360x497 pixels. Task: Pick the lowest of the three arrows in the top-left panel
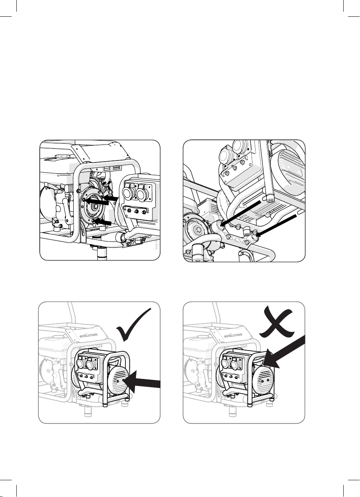(x=102, y=222)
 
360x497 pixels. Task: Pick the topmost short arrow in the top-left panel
(x=110, y=197)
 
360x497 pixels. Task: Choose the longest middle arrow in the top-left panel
(x=97, y=201)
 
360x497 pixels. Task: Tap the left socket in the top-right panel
(x=225, y=156)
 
